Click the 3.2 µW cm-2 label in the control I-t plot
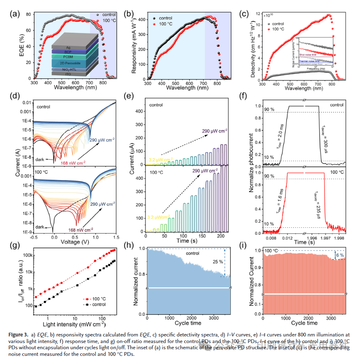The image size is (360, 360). pos(161,159)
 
